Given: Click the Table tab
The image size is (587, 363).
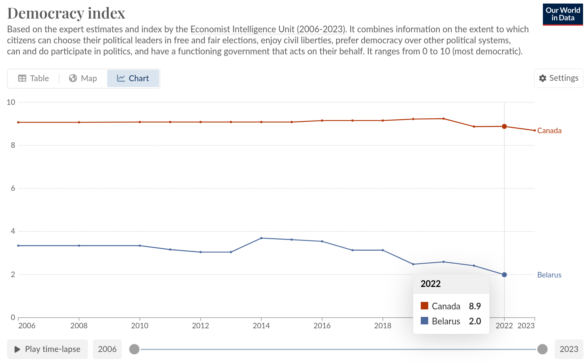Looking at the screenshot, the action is coord(33,78).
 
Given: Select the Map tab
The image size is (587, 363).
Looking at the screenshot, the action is coord(83,78).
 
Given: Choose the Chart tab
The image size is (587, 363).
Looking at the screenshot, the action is coord(133,78).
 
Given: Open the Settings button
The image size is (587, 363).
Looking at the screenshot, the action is coord(559,78).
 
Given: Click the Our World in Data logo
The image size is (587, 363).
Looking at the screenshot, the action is coord(563,15).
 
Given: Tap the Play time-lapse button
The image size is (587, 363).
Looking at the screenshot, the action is coord(47,349).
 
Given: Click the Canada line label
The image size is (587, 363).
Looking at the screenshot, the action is coord(549,130).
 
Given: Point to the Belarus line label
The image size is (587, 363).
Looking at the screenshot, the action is coord(549,275).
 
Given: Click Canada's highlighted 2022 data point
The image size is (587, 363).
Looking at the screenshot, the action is coord(504,127).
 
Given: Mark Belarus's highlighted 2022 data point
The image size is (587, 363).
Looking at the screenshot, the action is coord(504,275).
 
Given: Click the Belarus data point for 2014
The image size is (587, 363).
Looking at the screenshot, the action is coord(261,238).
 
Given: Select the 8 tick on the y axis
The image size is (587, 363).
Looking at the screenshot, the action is coord(13,145).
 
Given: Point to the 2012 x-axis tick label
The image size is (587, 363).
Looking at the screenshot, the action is coord(201,326).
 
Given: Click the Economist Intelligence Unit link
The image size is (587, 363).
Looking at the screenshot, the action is coord(267,29).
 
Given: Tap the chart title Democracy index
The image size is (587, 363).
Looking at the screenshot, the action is coord(66,13).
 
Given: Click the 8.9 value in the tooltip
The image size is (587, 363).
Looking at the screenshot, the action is coord(475,306).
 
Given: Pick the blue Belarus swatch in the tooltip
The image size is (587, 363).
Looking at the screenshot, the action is coord(424,321).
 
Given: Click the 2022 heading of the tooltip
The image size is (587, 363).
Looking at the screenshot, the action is coord(431,284).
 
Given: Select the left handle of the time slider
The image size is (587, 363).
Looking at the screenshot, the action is coord(134,349).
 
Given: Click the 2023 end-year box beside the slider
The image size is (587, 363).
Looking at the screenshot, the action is coord(568,349).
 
